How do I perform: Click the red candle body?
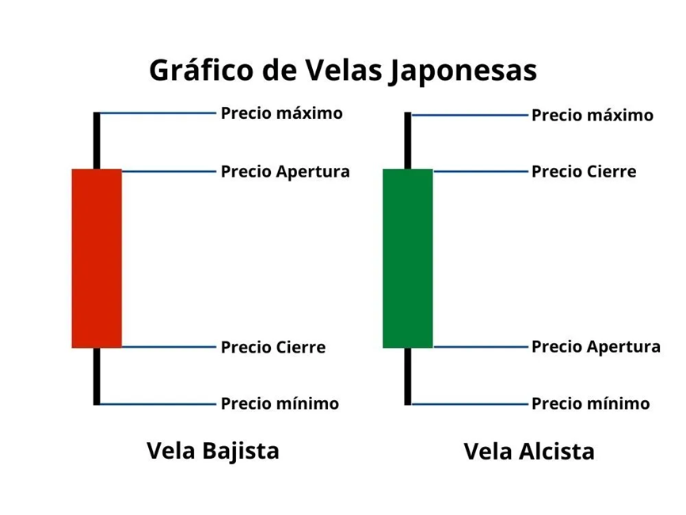point(97,258)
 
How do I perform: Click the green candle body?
point(407,258)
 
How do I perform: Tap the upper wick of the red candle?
point(97,141)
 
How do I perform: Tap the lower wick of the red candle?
point(97,376)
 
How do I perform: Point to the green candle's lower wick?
point(408,376)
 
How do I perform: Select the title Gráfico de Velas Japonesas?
point(343,71)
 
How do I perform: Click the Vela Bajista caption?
point(213,451)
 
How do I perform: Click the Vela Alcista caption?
point(528,452)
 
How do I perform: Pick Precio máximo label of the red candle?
point(281,113)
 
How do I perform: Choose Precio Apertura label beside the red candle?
point(285,172)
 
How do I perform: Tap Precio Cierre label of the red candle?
point(272,347)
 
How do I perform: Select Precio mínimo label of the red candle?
point(280,404)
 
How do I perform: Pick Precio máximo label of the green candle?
point(593,116)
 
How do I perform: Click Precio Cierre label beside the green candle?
point(583,172)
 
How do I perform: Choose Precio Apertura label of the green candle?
point(596,347)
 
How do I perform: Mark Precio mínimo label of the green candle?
point(590,404)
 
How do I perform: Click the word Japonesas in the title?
point(463,71)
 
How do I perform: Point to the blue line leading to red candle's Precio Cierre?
point(168,346)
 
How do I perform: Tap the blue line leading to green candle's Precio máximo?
point(471,116)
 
